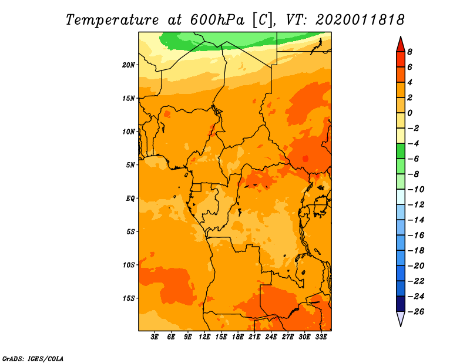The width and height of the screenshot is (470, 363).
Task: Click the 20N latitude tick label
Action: pyautogui.click(x=129, y=65)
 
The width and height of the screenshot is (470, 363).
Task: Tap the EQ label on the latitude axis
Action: pyautogui.click(x=130, y=199)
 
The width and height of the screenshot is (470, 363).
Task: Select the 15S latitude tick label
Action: pyautogui.click(x=129, y=298)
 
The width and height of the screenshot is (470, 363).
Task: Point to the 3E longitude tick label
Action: pyautogui.click(x=154, y=337)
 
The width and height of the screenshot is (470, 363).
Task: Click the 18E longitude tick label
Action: pyautogui.click(x=238, y=337)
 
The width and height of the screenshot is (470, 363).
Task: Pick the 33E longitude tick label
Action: pyautogui.click(x=321, y=337)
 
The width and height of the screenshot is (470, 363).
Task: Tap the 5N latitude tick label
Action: pyautogui.click(x=130, y=165)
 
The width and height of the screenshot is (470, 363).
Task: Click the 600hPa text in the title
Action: pyautogui.click(x=217, y=20)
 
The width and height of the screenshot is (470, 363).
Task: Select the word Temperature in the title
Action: pyautogui.click(x=112, y=20)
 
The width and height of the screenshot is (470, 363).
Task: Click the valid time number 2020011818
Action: pyautogui.click(x=360, y=20)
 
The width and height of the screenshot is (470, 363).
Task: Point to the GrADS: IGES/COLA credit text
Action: pyautogui.click(x=33, y=359)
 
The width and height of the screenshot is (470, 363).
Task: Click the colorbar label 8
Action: pyautogui.click(x=409, y=52)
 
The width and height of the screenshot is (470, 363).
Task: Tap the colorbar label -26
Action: pyautogui.click(x=416, y=312)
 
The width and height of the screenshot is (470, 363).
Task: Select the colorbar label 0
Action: pyautogui.click(x=409, y=113)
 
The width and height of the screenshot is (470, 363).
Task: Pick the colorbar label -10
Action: pyautogui.click(x=416, y=190)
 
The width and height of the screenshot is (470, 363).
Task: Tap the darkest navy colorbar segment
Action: pyautogui.click(x=401, y=304)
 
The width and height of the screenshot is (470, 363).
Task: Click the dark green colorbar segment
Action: pyautogui.click(x=401, y=151)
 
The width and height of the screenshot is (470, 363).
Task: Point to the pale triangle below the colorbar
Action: pyautogui.click(x=401, y=318)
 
